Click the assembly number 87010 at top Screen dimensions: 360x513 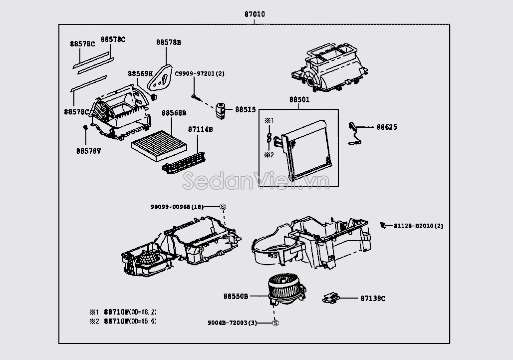[255, 14]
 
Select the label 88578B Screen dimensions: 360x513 [169, 43]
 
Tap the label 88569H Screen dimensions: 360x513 [140, 73]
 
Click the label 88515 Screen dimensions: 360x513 [246, 109]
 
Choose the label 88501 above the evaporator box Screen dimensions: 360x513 [299, 99]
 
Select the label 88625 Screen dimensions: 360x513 [386, 127]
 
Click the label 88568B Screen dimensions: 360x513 [174, 113]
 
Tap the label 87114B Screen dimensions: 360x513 [201, 129]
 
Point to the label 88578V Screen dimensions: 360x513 [88, 150]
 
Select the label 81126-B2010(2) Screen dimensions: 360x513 [418, 226]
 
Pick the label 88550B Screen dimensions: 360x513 [236, 296]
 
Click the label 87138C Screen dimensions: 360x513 [373, 299]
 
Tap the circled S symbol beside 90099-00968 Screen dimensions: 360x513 [223, 207]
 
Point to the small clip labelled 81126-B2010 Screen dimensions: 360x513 [383, 225]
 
